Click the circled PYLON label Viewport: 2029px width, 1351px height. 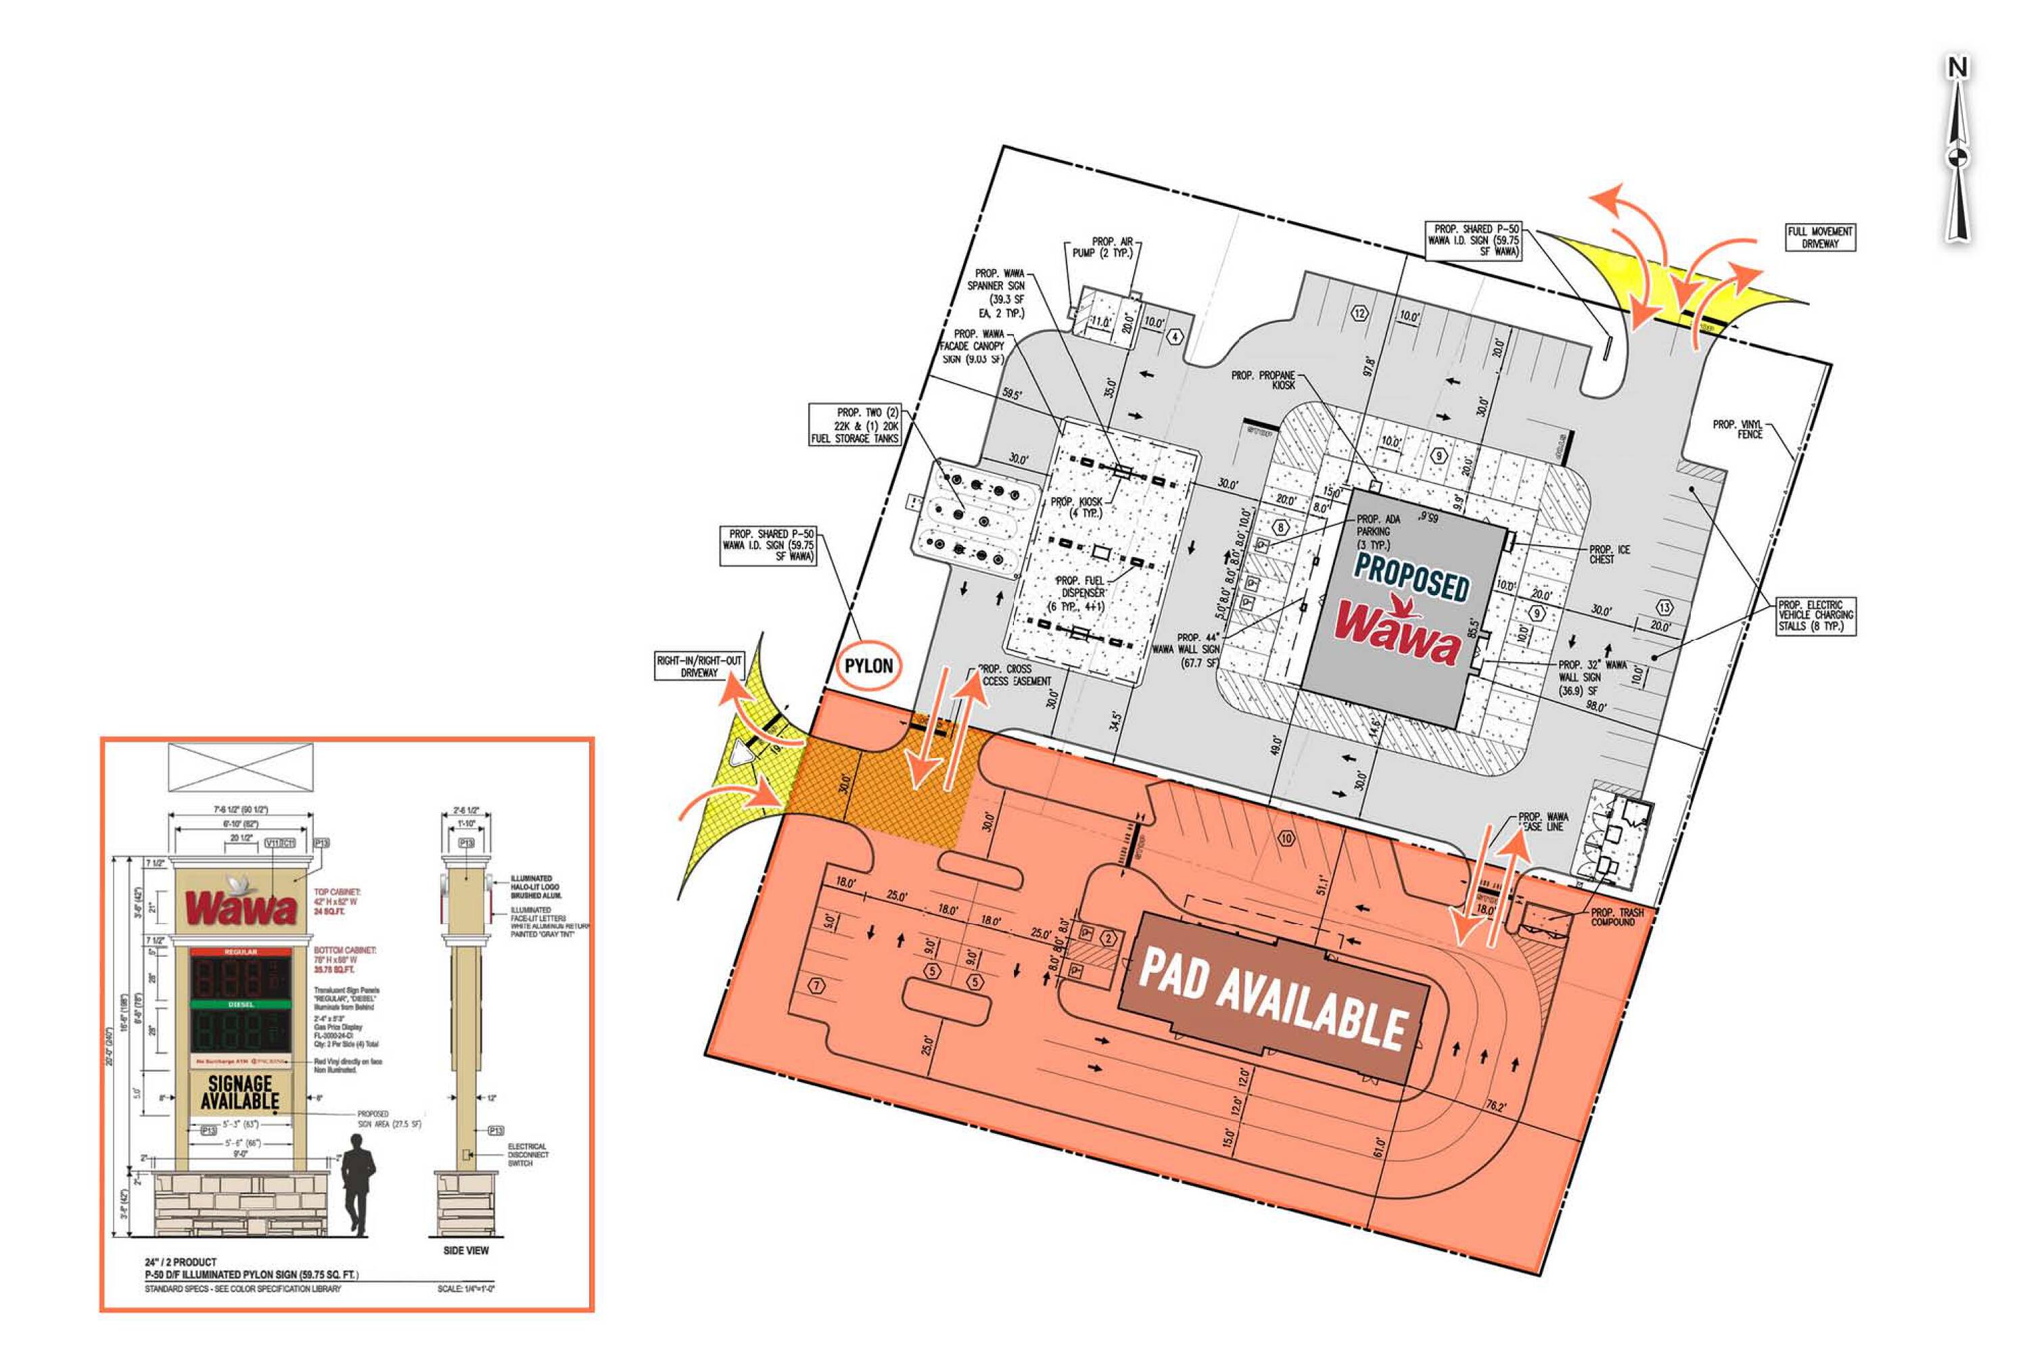(868, 666)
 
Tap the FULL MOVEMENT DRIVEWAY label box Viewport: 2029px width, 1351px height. (1819, 237)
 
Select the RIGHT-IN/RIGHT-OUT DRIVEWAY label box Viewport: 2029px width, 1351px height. (699, 666)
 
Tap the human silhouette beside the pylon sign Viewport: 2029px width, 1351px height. (358, 1182)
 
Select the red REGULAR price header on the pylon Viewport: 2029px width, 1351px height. (240, 952)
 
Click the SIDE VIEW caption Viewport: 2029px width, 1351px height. (465, 1250)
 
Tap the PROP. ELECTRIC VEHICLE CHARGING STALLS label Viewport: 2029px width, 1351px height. (1815, 616)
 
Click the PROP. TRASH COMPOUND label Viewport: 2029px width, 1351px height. (1616, 917)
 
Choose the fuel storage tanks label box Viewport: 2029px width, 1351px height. (855, 425)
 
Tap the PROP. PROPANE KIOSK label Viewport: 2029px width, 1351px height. (1263, 380)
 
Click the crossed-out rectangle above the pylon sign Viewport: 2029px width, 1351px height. (240, 767)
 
